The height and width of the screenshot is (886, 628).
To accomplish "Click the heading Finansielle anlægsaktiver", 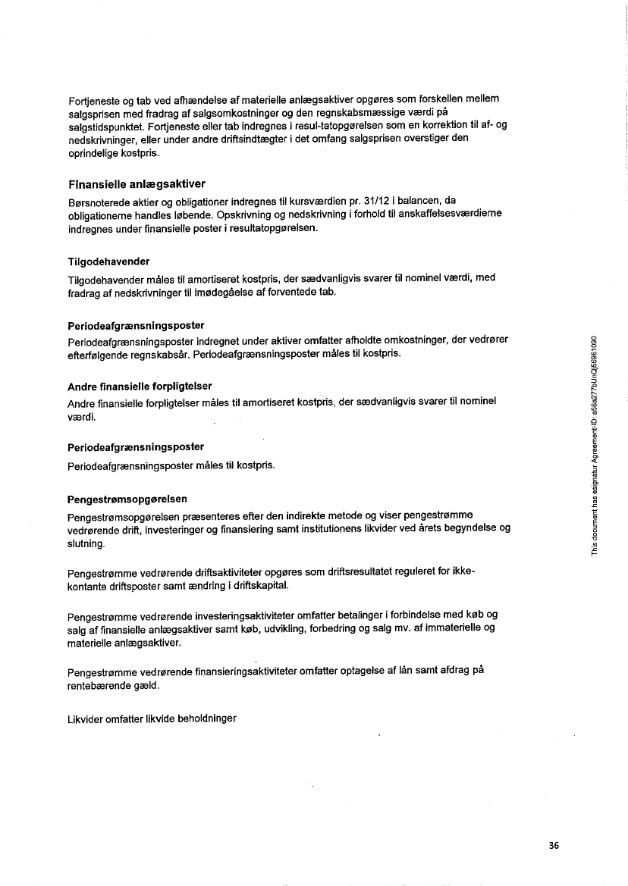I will tap(137, 184).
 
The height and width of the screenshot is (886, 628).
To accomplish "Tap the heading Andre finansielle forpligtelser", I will tap(140, 386).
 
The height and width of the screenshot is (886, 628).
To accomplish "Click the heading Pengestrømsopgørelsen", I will tap(127, 499).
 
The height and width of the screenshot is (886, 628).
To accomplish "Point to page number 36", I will tap(554, 847).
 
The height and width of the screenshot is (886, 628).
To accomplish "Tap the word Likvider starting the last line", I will tap(86, 718).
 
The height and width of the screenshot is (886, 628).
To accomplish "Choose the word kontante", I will tap(87, 587).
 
